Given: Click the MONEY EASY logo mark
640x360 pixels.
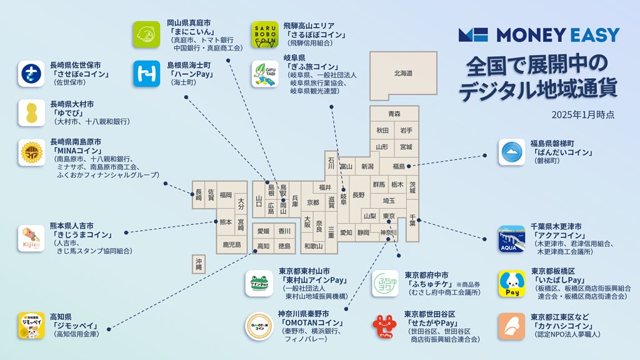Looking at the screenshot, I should tap(472, 35).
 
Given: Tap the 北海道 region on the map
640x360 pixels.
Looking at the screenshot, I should tap(402, 73).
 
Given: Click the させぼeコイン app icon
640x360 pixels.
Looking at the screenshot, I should tap(31, 74).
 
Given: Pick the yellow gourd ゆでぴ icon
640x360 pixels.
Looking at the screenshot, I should tap(31, 112).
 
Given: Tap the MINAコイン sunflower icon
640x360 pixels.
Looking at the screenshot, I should tap(31, 152).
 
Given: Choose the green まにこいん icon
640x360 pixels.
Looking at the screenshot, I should tap(146, 34).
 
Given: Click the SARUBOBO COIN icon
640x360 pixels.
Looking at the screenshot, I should tap(265, 34).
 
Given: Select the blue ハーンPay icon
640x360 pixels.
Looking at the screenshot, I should tap(146, 74).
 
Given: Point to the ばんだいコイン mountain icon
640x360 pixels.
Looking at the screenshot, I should tap(511, 152).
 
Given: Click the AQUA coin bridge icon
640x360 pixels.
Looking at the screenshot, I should tap(511, 239).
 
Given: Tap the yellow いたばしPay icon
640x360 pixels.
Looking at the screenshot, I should tap(511, 283).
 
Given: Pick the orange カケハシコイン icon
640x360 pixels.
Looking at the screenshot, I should tap(511, 326).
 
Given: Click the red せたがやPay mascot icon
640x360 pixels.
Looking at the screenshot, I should tap(385, 326).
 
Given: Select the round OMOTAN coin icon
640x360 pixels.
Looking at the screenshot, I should tap(259, 326).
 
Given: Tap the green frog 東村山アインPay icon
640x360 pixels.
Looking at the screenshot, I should tap(259, 283).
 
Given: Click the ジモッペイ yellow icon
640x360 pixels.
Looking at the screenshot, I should tap(31, 326).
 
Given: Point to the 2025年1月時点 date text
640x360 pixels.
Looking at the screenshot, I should tap(582, 115).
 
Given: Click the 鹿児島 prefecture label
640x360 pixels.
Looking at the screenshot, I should tap(231, 245).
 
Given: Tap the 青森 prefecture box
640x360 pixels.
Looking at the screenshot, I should tap(394, 114).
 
